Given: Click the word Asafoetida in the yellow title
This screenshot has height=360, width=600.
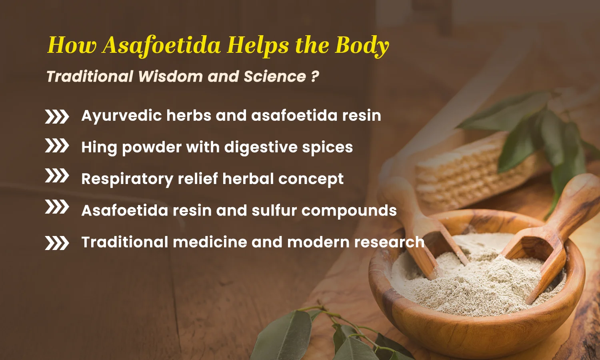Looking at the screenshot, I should pyautogui.click(x=161, y=45).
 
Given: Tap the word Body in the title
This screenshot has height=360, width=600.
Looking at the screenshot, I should pyautogui.click(x=362, y=45).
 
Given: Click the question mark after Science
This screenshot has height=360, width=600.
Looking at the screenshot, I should pyautogui.click(x=315, y=76).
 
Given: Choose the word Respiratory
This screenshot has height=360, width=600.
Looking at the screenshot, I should pyautogui.click(x=127, y=179).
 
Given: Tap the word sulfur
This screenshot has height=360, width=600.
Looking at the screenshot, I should pyautogui.click(x=274, y=210).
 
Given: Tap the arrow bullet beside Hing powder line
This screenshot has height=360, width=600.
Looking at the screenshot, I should pyautogui.click(x=57, y=146).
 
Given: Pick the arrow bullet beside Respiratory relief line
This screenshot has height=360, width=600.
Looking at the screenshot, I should pyautogui.click(x=57, y=176).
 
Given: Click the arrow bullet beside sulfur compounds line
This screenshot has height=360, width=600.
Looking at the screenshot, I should pyautogui.click(x=57, y=207).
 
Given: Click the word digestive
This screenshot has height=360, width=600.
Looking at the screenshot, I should pyautogui.click(x=260, y=148).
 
